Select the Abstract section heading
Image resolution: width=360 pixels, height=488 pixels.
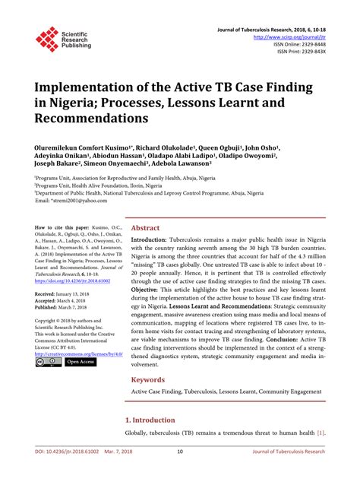[x=146, y=227]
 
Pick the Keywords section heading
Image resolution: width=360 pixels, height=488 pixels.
[x=149, y=379]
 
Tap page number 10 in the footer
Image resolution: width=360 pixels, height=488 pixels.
[x=180, y=471]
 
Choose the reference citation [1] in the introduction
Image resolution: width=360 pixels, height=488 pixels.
[x=323, y=433]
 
